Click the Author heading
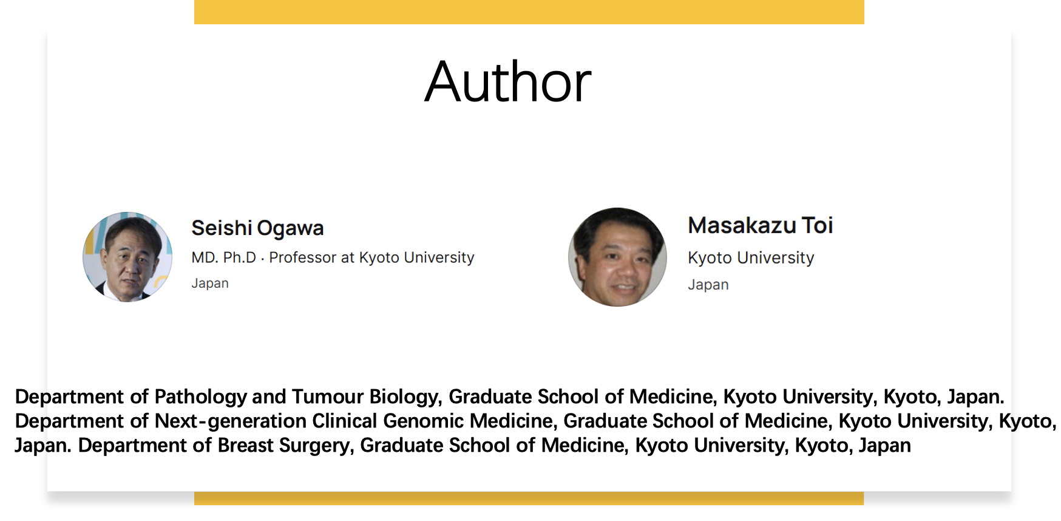click(x=508, y=82)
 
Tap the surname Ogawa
click(x=290, y=229)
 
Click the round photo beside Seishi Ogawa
click(x=127, y=257)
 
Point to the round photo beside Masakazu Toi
click(x=617, y=257)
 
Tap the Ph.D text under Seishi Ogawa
click(x=240, y=257)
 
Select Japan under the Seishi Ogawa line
click(x=210, y=283)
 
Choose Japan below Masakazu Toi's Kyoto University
click(x=708, y=284)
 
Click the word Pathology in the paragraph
click(x=200, y=397)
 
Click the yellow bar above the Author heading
click(x=529, y=12)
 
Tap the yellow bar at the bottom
click(x=529, y=499)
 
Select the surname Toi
click(x=818, y=225)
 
